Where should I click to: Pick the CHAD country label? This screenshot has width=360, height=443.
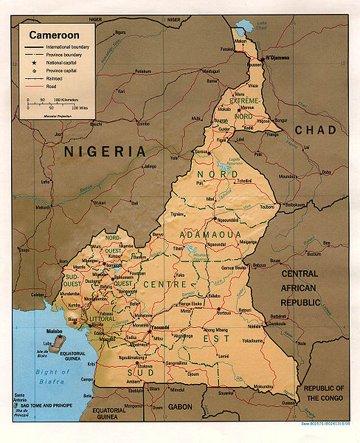[315, 130]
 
